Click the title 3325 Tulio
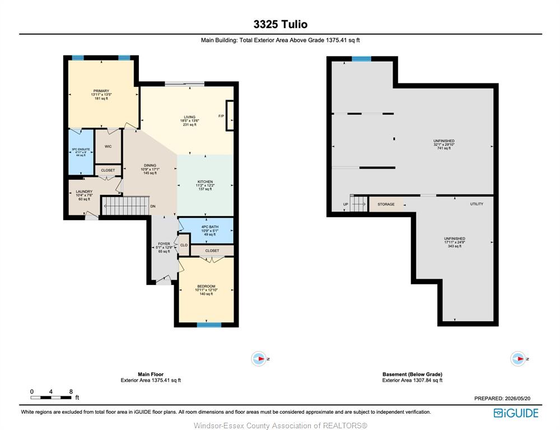point(281,24)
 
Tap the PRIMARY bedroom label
point(101,91)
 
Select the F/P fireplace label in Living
point(221,116)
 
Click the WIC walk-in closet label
point(108,147)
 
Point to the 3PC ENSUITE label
point(81,149)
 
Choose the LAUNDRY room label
point(84,191)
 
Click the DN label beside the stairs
point(153,207)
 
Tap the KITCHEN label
point(205,182)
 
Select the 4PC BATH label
point(209,227)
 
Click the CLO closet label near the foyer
point(184,245)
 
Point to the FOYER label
point(164,244)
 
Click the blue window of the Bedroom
point(209,325)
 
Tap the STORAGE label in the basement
point(386,204)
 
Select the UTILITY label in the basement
point(477,204)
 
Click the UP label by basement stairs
point(346,204)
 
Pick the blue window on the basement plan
point(361,59)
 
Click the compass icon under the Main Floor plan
point(259,358)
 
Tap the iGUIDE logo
point(516,413)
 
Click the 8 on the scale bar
point(71,392)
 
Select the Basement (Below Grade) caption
point(412,374)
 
